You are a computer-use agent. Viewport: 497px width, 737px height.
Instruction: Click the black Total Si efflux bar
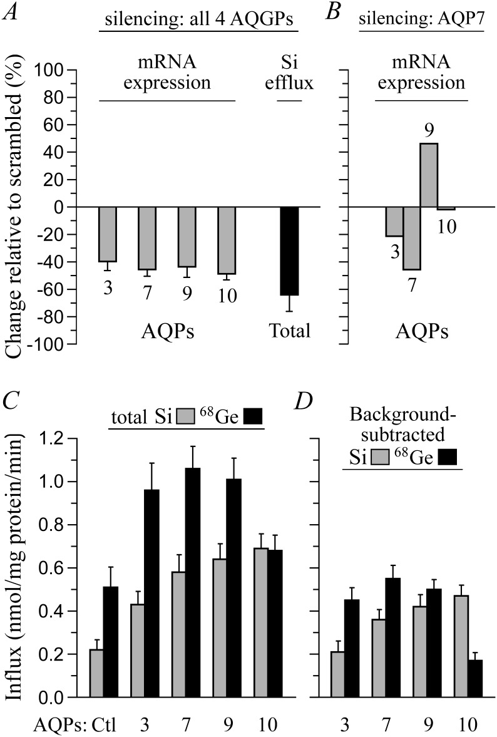[289, 250]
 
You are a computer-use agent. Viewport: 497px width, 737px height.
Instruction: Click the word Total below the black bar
[289, 331]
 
